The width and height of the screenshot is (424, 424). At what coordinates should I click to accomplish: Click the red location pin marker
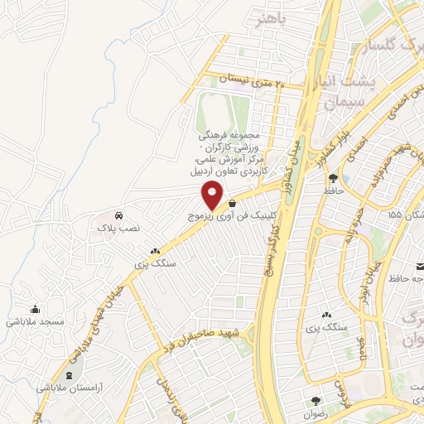pos(213,195)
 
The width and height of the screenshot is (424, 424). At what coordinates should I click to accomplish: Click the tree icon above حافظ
pos(333,177)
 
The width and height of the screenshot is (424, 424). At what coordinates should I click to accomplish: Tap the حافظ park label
pos(333,191)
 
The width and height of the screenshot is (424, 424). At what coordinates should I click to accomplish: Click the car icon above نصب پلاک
pos(122,212)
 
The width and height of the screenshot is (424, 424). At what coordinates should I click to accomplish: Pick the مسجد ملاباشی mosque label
pos(36,320)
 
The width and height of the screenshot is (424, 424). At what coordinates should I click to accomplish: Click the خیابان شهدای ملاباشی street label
pos(83,324)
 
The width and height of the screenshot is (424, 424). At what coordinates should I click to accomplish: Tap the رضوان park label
pos(316,412)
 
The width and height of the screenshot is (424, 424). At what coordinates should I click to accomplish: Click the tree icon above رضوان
pos(316,399)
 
